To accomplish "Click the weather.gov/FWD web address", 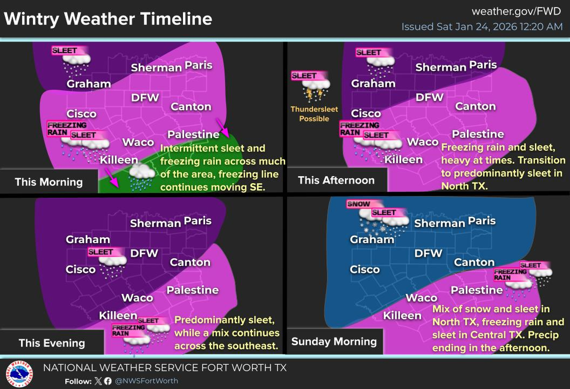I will coord(516,11).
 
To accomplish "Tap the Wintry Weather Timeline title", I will coord(108,19).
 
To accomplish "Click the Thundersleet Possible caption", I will coord(314,114).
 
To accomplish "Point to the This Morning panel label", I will coord(48,182).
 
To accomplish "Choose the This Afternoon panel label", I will coord(336,180).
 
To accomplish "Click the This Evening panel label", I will coord(51,343).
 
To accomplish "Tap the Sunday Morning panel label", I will coord(334,341).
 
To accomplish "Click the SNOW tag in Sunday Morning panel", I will coord(358,204).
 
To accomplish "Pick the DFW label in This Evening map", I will coord(144,253).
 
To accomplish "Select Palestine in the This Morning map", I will coord(193,134).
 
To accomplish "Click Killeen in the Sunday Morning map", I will coord(402,315).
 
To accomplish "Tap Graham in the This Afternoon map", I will coord(373,84).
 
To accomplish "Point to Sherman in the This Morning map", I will coord(156,68).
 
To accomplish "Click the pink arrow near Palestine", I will coord(222,128).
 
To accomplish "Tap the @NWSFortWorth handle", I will coord(146,381).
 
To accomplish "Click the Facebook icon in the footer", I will coord(108,381).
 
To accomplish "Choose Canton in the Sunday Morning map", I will coord(474,262).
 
